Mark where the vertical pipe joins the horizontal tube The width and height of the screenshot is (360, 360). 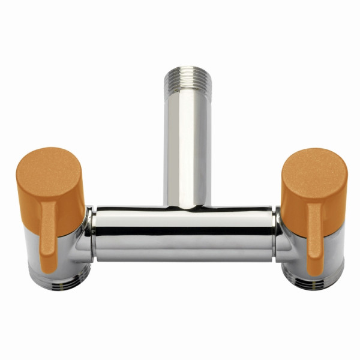click(187, 207)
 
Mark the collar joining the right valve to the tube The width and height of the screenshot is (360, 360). click(277, 234)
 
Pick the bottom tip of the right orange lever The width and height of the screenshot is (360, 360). click(314, 273)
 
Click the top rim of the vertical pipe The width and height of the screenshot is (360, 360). click(187, 71)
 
